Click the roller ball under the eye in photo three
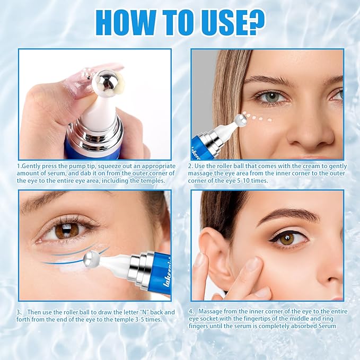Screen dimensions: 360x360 click(x=92, y=258)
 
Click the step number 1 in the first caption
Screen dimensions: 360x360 click(x=19, y=165)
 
